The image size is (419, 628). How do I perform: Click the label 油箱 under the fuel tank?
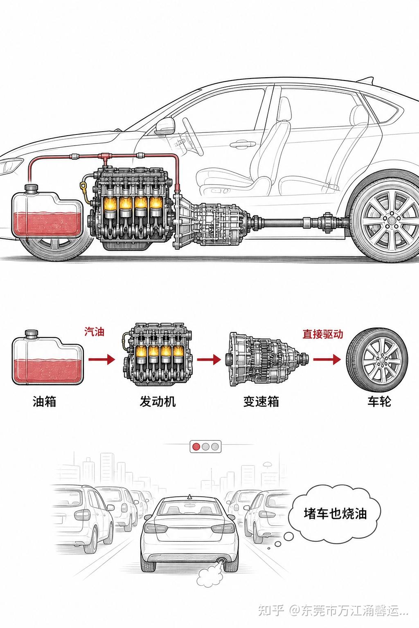44,401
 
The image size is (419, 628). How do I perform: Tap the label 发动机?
158,401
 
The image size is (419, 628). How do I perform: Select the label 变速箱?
261,401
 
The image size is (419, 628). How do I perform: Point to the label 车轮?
379,401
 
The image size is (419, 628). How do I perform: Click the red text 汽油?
94,332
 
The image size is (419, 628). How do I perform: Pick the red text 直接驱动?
323,334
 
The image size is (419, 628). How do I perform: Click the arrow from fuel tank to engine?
101,359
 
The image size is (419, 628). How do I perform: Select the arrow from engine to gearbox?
209,359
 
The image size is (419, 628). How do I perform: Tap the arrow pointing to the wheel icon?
327,359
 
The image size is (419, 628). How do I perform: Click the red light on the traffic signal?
196,446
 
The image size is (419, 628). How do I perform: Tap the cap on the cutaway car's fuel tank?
31,188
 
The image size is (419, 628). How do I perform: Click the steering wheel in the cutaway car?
193,136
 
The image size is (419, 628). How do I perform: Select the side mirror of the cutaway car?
165,126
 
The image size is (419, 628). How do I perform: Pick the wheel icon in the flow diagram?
376,359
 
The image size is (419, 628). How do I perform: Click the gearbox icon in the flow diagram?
267,359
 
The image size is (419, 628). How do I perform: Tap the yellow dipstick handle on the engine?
83,186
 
